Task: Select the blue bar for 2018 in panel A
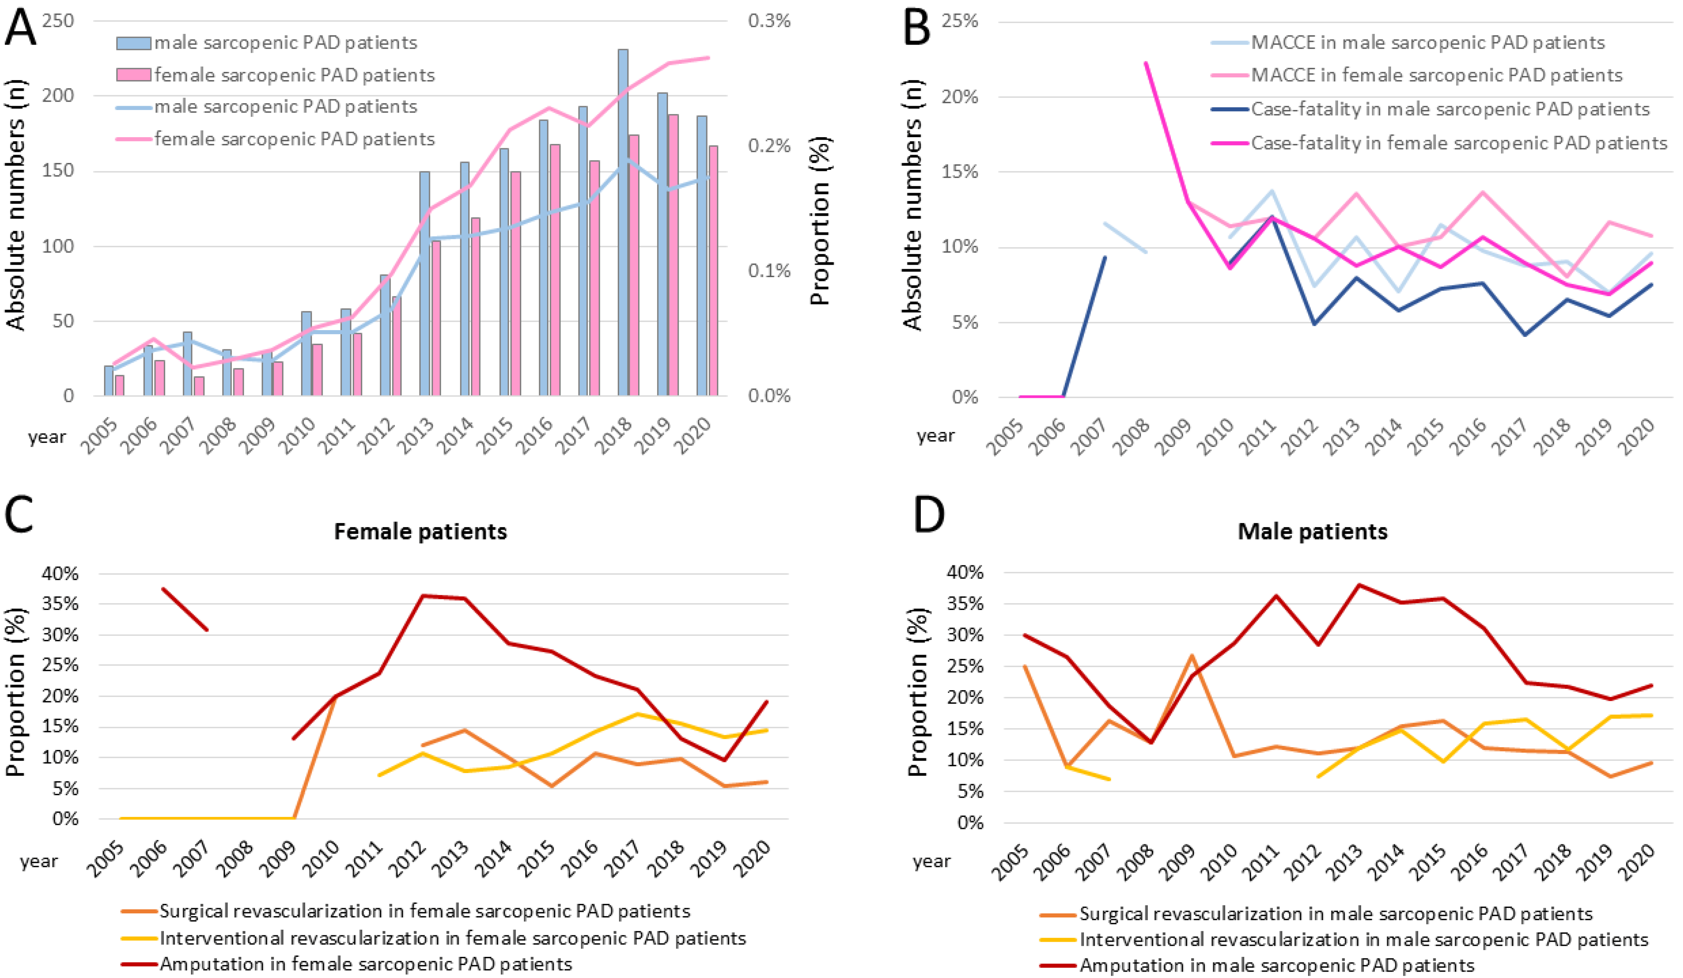point(623,222)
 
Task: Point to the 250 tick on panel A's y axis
point(58,21)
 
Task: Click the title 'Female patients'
point(421,531)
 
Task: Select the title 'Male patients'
point(1313,531)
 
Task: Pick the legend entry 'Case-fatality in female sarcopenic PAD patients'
point(1439,143)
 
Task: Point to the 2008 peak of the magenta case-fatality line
point(1146,63)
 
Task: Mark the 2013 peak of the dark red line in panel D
point(1358,585)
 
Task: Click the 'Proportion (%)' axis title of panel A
point(820,221)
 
